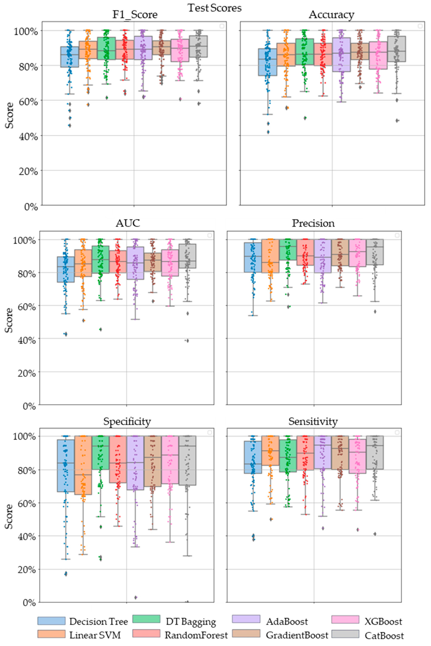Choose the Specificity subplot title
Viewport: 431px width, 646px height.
point(127,421)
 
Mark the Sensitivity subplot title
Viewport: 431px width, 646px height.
point(313,421)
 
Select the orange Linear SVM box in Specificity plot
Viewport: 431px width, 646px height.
point(83,465)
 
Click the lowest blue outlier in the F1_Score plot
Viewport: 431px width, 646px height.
point(70,126)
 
